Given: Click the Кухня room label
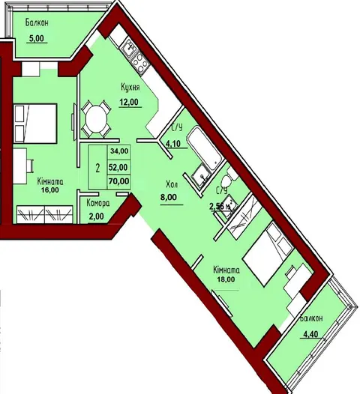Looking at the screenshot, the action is pyautogui.click(x=130, y=88).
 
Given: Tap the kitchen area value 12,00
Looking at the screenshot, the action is pyautogui.click(x=128, y=102).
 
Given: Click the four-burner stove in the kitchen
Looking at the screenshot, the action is pyautogui.click(x=139, y=62).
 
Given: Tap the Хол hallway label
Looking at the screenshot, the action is pyautogui.click(x=172, y=185).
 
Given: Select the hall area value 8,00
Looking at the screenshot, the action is pyautogui.click(x=169, y=197).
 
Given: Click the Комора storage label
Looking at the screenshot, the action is pyautogui.click(x=98, y=203).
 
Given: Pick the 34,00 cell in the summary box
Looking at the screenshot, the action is pyautogui.click(x=119, y=151).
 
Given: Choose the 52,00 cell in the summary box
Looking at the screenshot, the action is pyautogui.click(x=118, y=167).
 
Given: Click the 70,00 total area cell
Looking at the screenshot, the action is pyautogui.click(x=118, y=181).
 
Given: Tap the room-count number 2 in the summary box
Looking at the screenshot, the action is pyautogui.click(x=97, y=168).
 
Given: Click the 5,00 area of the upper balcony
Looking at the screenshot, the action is pyautogui.click(x=37, y=38).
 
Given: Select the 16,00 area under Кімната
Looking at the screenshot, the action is pyautogui.click(x=50, y=190).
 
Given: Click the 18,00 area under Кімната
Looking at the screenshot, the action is pyautogui.click(x=226, y=279).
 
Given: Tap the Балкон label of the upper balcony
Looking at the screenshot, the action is pyautogui.click(x=37, y=23).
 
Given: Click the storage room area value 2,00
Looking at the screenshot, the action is pyautogui.click(x=96, y=216).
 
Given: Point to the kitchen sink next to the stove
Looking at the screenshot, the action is pyautogui.click(x=128, y=48).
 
